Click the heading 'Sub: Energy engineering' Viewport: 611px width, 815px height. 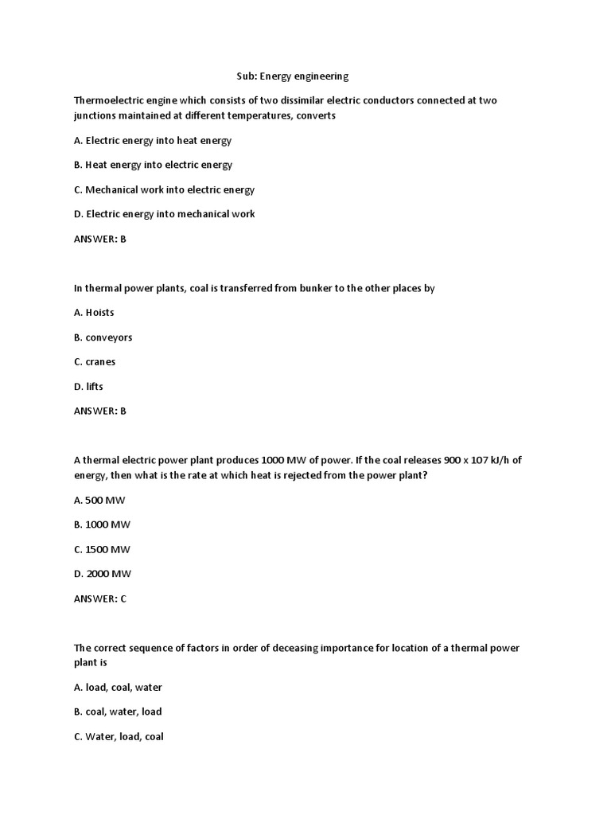(292, 76)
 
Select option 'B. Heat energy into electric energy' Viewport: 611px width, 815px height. (153, 165)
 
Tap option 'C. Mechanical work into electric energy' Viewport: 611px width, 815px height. (164, 189)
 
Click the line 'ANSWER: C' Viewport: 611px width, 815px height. (100, 599)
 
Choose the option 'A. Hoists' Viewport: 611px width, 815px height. (94, 313)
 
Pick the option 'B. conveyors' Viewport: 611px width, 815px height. (103, 337)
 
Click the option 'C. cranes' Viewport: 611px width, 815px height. (95, 362)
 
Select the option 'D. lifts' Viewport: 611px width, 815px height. (88, 387)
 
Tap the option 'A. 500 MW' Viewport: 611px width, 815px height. (99, 500)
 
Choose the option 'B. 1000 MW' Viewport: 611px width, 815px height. (102, 524)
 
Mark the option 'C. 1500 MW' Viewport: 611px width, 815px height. (102, 549)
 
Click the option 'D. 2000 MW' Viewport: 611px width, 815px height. (103, 574)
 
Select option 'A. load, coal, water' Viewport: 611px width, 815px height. (118, 688)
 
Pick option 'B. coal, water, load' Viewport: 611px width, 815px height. (118, 712)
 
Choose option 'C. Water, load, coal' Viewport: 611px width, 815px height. (119, 737)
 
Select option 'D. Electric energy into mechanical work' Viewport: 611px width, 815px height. (164, 214)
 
